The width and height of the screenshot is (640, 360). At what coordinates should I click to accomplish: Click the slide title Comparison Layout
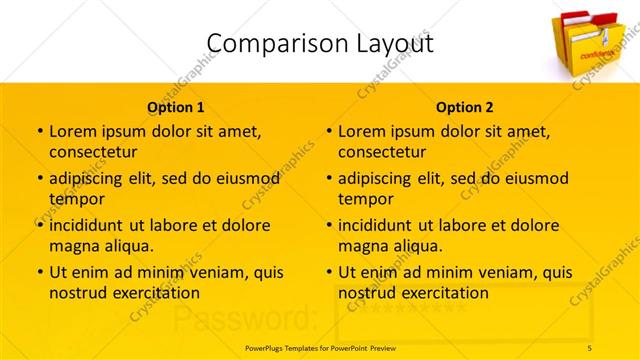click(320, 43)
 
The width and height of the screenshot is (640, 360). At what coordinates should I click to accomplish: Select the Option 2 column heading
click(464, 107)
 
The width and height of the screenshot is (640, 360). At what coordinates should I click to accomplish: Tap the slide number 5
click(590, 347)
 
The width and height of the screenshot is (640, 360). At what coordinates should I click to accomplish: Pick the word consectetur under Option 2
click(382, 152)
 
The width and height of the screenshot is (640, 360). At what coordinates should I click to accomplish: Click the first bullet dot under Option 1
click(39, 131)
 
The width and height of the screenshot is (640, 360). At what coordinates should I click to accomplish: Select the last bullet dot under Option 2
click(328, 271)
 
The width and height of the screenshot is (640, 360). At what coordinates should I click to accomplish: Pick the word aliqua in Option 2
click(420, 246)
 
